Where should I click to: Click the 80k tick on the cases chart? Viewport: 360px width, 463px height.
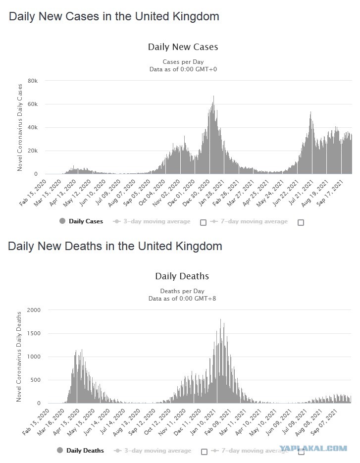(x=33, y=81)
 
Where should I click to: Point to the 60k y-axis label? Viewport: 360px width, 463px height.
(x=33, y=104)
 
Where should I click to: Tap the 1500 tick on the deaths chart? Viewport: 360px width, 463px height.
(x=34, y=333)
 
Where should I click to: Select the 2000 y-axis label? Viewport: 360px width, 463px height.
(x=34, y=310)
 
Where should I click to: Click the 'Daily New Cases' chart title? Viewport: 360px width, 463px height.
(x=183, y=47)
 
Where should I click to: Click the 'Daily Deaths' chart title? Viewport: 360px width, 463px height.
(x=182, y=276)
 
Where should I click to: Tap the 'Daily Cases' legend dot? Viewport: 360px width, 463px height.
(x=62, y=221)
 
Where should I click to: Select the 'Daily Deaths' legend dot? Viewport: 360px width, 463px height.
(x=60, y=450)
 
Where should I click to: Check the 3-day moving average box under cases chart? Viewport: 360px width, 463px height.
(x=203, y=222)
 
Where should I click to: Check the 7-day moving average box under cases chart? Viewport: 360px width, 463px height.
(x=301, y=222)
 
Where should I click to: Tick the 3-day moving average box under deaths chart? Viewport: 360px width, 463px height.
(x=204, y=452)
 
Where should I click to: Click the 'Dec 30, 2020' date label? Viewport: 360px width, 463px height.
(x=196, y=193)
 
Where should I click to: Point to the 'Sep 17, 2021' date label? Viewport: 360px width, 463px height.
(x=330, y=193)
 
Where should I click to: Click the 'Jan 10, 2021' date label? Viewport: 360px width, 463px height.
(x=203, y=422)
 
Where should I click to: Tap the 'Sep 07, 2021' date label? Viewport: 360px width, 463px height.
(x=323, y=422)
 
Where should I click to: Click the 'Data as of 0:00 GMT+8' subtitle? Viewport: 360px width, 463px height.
(x=182, y=299)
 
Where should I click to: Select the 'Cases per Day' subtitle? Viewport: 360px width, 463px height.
(x=183, y=62)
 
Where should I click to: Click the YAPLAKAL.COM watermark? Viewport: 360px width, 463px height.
(x=313, y=449)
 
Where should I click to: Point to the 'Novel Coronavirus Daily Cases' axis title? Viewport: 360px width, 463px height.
(x=20, y=128)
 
